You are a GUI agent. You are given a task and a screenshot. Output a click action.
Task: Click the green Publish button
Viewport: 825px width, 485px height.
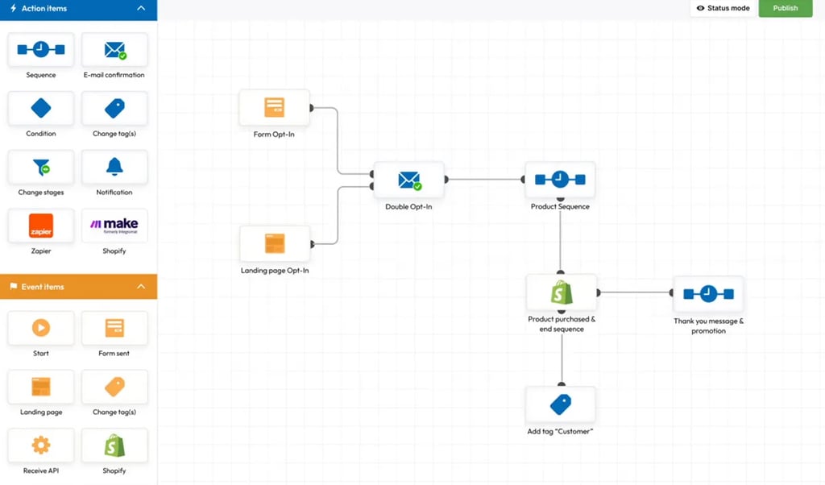pyautogui.click(x=785, y=8)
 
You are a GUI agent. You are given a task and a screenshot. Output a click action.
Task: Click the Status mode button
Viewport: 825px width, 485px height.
pyautogui.click(x=723, y=8)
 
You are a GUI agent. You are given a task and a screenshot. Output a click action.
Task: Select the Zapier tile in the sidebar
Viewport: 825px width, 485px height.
pyautogui.click(x=41, y=226)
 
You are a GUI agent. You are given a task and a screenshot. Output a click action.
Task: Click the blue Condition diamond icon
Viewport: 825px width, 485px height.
pyautogui.click(x=41, y=108)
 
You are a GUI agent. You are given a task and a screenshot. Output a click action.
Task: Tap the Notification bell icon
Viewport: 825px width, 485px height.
pyautogui.click(x=114, y=167)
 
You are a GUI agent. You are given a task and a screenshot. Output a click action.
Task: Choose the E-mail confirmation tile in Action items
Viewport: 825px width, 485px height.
pyautogui.click(x=114, y=51)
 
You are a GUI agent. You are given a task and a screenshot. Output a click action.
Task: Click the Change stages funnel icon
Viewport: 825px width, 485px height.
pyautogui.click(x=41, y=167)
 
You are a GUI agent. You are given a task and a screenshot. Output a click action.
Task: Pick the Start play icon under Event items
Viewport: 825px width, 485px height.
pyautogui.click(x=41, y=328)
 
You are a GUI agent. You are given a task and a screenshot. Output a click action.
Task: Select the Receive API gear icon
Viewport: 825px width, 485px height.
pyautogui.click(x=41, y=445)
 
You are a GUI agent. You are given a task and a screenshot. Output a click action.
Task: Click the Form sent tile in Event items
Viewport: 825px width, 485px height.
pyautogui.click(x=114, y=328)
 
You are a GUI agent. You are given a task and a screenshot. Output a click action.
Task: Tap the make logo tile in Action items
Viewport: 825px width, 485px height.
pyautogui.click(x=114, y=226)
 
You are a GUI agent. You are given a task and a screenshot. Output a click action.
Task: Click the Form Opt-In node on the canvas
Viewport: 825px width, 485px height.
pyautogui.click(x=274, y=108)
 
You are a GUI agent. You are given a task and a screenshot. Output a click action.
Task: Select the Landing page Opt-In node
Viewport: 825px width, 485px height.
pyautogui.click(x=275, y=243)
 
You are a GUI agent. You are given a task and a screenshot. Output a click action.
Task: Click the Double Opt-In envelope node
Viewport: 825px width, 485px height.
pyautogui.click(x=409, y=180)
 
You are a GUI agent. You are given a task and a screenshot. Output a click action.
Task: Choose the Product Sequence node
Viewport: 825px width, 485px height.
pyautogui.click(x=560, y=180)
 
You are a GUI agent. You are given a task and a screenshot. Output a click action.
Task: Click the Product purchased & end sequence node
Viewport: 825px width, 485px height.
pyautogui.click(x=562, y=292)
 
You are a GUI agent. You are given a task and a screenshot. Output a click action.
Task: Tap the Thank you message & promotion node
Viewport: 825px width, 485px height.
pyautogui.click(x=708, y=294)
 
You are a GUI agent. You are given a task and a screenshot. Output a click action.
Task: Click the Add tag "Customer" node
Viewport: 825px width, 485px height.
pyautogui.click(x=561, y=404)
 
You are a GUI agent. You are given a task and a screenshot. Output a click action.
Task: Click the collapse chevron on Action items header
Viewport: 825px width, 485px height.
pyautogui.click(x=142, y=8)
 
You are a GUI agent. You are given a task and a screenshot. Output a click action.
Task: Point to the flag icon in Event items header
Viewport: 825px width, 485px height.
pyautogui.click(x=14, y=287)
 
